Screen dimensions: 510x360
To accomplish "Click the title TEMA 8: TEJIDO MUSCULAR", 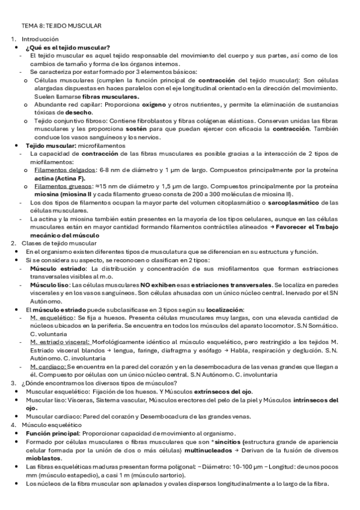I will click(61, 26).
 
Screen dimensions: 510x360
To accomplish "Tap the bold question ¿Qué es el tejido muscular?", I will click(68, 48).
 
